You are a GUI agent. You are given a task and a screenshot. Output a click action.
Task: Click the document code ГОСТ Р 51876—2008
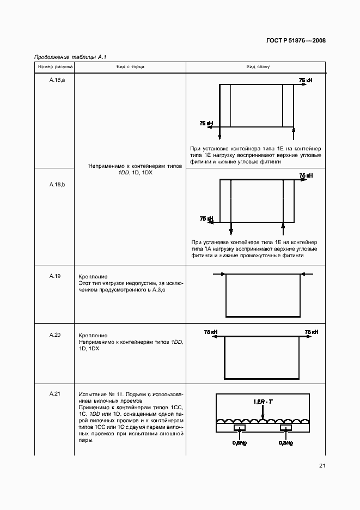(x=296, y=40)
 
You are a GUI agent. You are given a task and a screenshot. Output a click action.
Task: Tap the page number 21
(x=322, y=465)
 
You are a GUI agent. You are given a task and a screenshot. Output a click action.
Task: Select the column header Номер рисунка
(x=54, y=67)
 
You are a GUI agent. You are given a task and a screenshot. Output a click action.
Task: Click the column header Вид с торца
(x=130, y=67)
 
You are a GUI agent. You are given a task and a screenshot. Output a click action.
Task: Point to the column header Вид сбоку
(x=256, y=67)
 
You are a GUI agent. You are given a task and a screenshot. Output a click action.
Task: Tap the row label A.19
(x=54, y=276)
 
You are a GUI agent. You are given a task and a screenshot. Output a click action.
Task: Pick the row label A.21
(x=54, y=393)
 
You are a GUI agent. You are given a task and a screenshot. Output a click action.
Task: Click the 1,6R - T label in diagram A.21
(x=263, y=402)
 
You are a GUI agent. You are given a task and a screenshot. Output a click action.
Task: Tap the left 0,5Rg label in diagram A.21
(x=238, y=442)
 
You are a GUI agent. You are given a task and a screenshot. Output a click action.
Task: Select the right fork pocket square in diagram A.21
(x=284, y=428)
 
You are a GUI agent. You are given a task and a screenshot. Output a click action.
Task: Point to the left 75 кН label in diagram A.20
(x=211, y=332)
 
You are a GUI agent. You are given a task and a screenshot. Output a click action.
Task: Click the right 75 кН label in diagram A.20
(x=311, y=332)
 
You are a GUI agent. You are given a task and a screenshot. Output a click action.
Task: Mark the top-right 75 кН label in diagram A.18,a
(x=305, y=80)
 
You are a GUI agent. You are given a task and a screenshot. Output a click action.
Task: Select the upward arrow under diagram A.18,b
(x=282, y=228)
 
